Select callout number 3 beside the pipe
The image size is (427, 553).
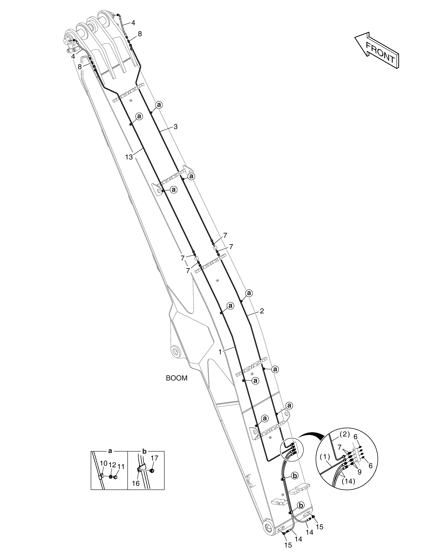(176, 127)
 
